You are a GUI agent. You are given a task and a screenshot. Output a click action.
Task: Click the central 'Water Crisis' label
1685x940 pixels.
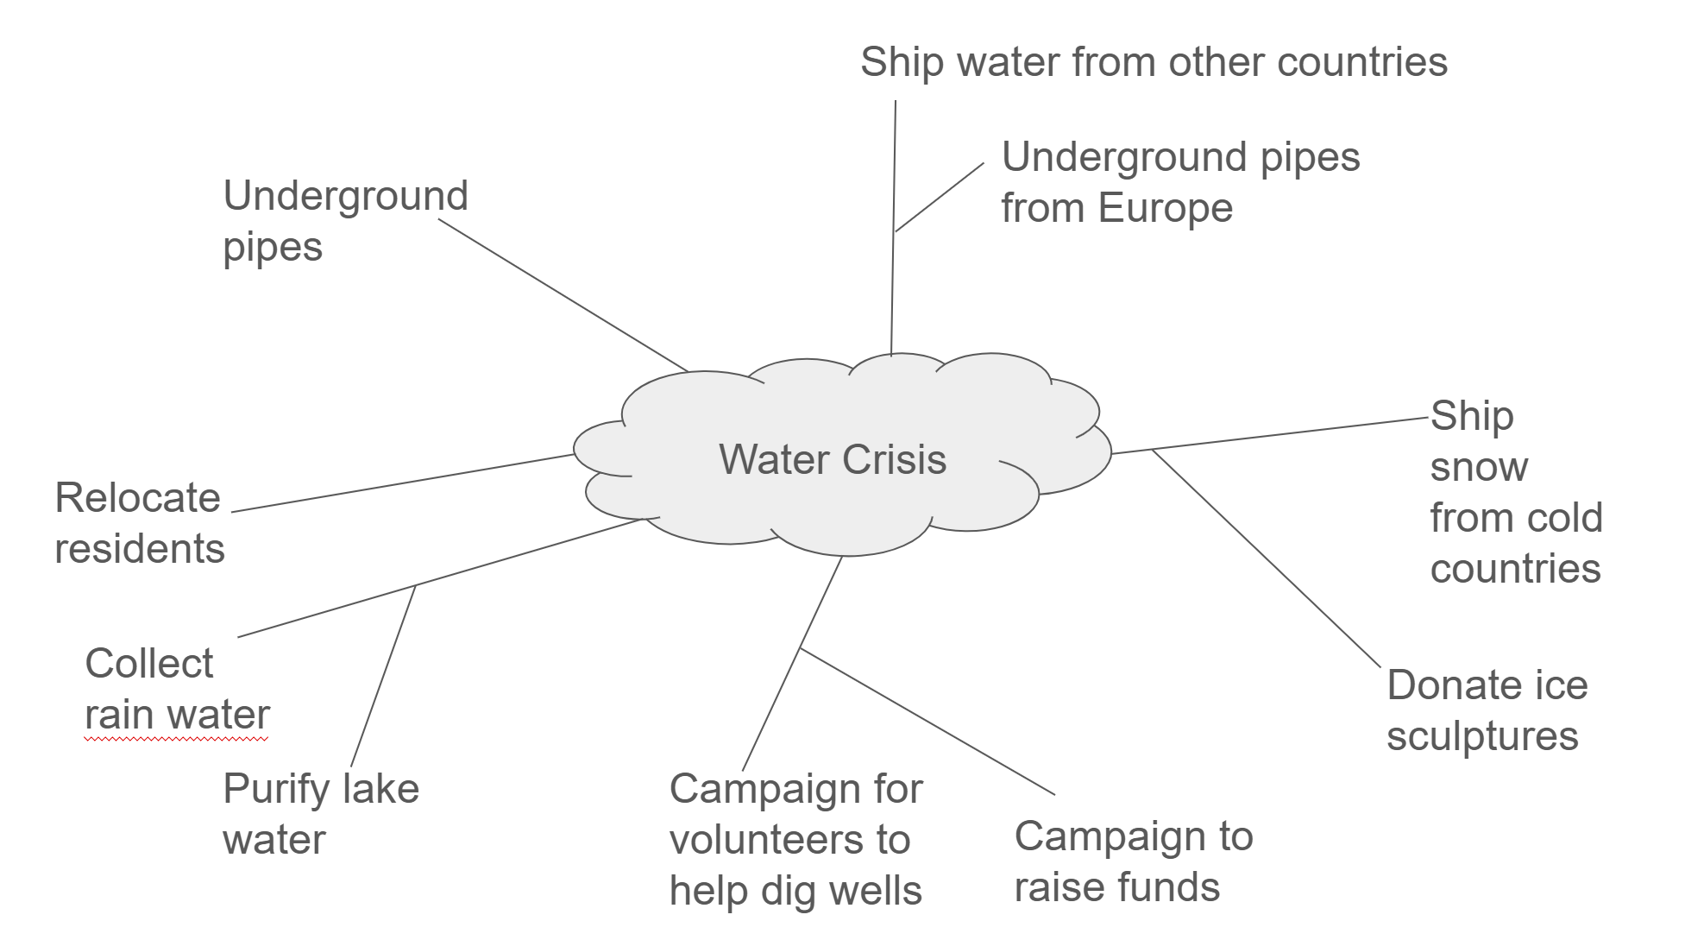click(x=833, y=459)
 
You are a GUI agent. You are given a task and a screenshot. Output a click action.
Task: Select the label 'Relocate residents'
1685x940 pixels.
click(x=139, y=523)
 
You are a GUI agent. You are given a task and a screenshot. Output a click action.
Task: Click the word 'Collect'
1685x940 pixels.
click(x=148, y=664)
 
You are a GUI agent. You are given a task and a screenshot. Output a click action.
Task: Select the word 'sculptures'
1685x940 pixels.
click(x=1482, y=736)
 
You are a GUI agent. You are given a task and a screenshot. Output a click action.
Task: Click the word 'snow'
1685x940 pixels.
click(x=1479, y=468)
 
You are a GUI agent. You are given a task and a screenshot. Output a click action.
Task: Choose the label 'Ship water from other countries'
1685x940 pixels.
click(x=1154, y=62)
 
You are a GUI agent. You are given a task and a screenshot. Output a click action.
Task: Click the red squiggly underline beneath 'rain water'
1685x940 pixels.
click(x=177, y=739)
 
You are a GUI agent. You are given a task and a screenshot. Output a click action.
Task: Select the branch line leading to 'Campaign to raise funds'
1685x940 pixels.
click(x=927, y=721)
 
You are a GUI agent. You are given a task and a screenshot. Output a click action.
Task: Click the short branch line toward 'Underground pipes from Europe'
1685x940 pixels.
click(x=940, y=197)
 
